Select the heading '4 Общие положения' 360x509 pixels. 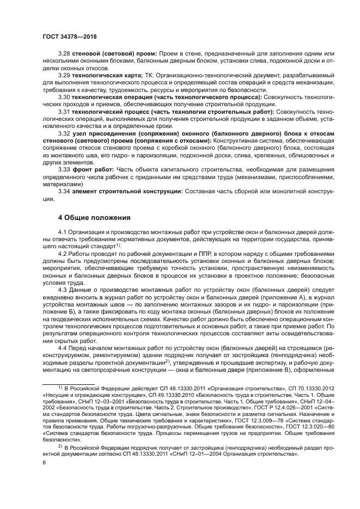tap(94, 217)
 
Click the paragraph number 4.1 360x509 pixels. tap(63, 232)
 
